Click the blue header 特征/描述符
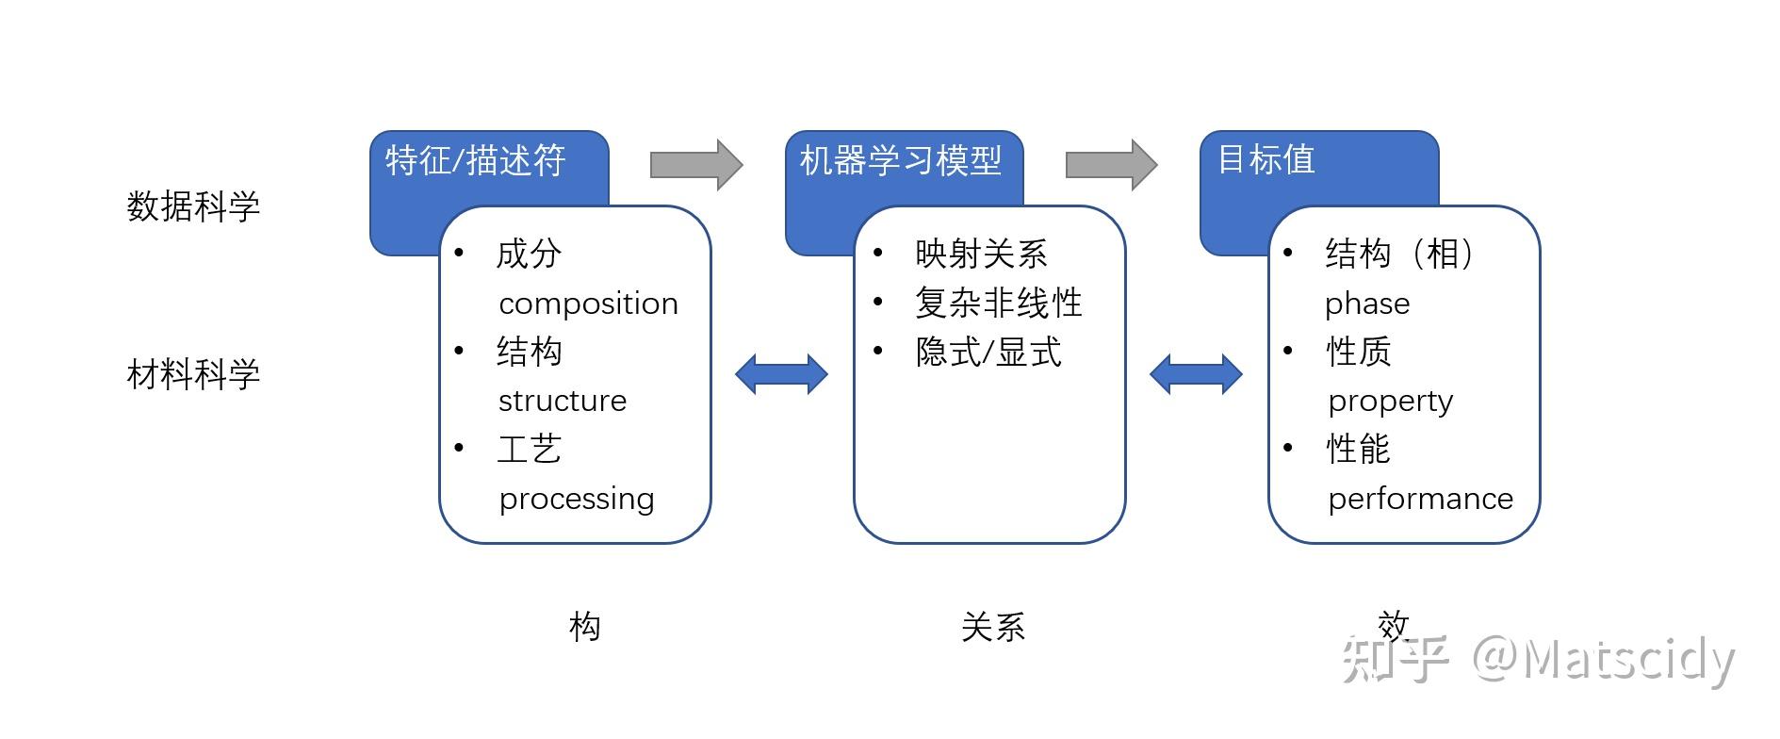tap(476, 161)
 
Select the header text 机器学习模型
tap(900, 161)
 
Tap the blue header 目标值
tap(1266, 159)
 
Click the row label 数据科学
tap(193, 206)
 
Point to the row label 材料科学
tap(193, 375)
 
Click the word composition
tap(588, 304)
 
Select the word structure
tap(563, 402)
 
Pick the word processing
tap(577, 499)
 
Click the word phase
tap(1367, 304)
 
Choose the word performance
tap(1420, 499)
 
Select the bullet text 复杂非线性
tap(998, 304)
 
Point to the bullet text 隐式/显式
tap(988, 353)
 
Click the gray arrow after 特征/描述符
tap(696, 165)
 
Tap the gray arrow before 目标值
tap(1111, 165)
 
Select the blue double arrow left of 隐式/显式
tap(781, 374)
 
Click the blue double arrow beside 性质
tap(1196, 374)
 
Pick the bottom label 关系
tap(993, 627)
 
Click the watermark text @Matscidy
tap(1602, 660)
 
